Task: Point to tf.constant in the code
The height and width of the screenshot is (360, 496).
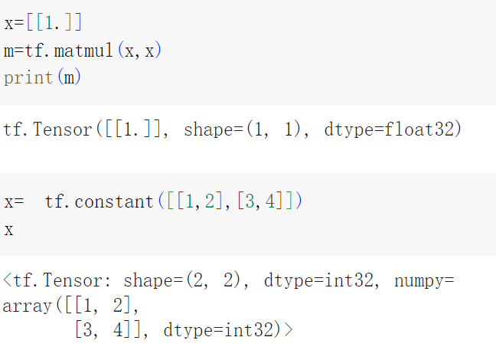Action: click(x=99, y=202)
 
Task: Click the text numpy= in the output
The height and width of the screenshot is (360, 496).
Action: click(x=424, y=281)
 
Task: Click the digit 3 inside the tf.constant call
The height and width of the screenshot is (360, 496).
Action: click(x=246, y=202)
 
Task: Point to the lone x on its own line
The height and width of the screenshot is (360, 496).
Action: click(x=8, y=230)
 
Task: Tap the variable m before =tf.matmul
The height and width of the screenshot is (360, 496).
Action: click(x=8, y=51)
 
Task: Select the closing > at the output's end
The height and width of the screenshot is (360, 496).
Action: click(x=288, y=331)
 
